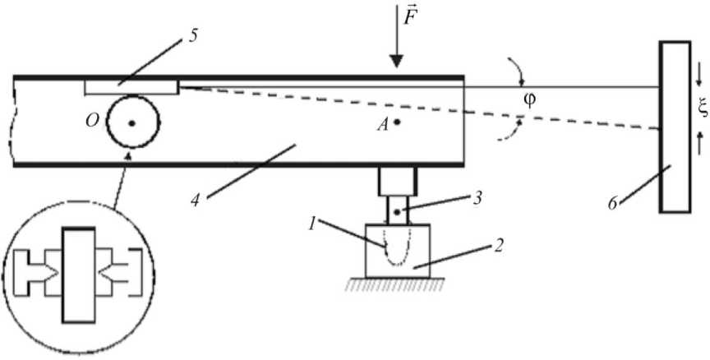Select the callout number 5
click(193, 35)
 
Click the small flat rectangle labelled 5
click(131, 87)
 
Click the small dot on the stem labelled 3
click(397, 212)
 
